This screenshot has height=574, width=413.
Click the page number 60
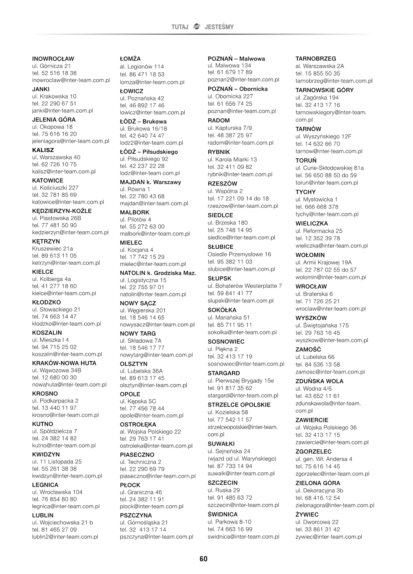(203, 559)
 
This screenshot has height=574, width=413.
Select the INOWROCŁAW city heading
(53, 59)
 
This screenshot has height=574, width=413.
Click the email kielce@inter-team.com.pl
(64, 293)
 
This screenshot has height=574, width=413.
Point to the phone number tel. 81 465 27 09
(54, 529)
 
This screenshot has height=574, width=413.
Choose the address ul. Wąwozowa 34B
(57, 370)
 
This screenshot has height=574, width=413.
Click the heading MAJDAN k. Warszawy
(150, 182)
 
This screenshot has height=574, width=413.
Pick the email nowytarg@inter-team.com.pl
(156, 355)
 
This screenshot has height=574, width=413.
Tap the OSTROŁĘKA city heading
(138, 424)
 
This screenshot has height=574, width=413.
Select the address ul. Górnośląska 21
(144, 522)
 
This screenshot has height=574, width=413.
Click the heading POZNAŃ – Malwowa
(236, 59)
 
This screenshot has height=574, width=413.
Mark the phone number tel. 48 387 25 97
(230, 135)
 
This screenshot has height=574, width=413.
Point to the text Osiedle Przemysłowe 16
(239, 254)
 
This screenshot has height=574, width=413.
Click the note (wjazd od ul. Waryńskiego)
(242, 459)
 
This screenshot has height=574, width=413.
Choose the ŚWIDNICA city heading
(223, 514)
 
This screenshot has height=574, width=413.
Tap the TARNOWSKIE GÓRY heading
(324, 90)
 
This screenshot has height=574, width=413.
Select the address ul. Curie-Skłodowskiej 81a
(330, 168)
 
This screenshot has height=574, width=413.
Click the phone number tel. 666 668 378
(317, 207)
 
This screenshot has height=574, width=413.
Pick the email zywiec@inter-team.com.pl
(328, 537)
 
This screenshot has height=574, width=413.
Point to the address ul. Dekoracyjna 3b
(319, 490)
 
